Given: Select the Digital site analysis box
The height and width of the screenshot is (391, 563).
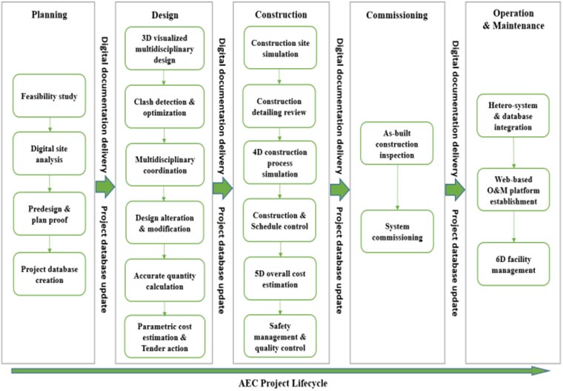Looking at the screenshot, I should pos(49,153).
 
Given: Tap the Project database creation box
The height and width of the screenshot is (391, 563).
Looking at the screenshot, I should pos(49,272).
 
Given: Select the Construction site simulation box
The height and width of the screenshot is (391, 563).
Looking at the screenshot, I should pos(279,48).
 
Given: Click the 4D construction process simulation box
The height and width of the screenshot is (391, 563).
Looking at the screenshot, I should pos(279,164).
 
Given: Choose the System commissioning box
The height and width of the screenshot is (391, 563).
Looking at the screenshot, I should pos(397,231).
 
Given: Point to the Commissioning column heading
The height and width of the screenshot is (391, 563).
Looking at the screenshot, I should pos(397,15).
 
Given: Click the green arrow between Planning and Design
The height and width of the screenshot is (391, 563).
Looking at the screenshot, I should pos(104,189).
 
